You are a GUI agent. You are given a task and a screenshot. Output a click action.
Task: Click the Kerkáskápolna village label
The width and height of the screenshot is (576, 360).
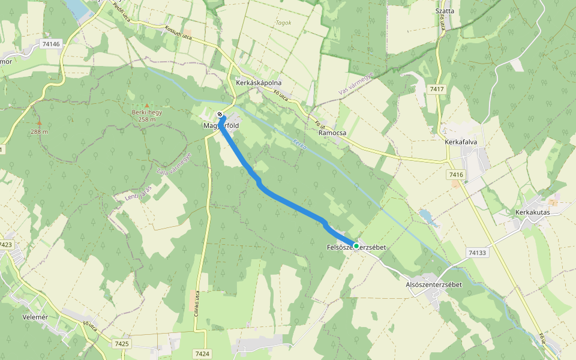pyautogui.click(x=259, y=83)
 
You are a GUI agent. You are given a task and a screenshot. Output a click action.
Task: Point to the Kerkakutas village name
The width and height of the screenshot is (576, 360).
pyautogui.click(x=532, y=212)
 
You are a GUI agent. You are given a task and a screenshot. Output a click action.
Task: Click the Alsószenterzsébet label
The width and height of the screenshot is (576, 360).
pyautogui.click(x=434, y=284)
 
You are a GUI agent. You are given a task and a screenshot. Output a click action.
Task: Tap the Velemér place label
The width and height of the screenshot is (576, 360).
pyautogui.click(x=34, y=316)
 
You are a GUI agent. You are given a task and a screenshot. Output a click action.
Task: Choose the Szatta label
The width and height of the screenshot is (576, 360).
pyautogui.click(x=445, y=11)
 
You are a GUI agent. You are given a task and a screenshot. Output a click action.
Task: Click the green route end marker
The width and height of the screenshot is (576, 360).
pyautogui.click(x=356, y=246)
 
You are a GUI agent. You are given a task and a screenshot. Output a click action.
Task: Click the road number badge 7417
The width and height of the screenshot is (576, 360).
pyautogui.click(x=437, y=89)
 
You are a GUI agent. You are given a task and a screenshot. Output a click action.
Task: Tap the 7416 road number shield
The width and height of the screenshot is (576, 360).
pyautogui.click(x=456, y=175)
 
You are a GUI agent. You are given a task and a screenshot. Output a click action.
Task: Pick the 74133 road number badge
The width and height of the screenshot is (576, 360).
pyautogui.click(x=477, y=253)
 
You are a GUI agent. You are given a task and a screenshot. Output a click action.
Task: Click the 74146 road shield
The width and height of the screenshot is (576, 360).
pyautogui.click(x=52, y=44)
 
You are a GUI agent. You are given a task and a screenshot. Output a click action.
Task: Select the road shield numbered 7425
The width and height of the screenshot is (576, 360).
pyautogui.click(x=121, y=343)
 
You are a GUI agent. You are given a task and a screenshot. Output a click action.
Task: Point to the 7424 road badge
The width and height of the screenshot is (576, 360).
pyautogui.click(x=202, y=354)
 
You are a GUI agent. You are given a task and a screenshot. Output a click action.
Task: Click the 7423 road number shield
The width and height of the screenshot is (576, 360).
pyautogui.click(x=6, y=245)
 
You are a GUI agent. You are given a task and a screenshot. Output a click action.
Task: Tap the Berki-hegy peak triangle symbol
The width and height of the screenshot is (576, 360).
pyautogui.click(x=146, y=105)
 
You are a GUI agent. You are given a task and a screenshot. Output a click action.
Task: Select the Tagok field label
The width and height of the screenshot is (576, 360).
pyautogui.click(x=283, y=23)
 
